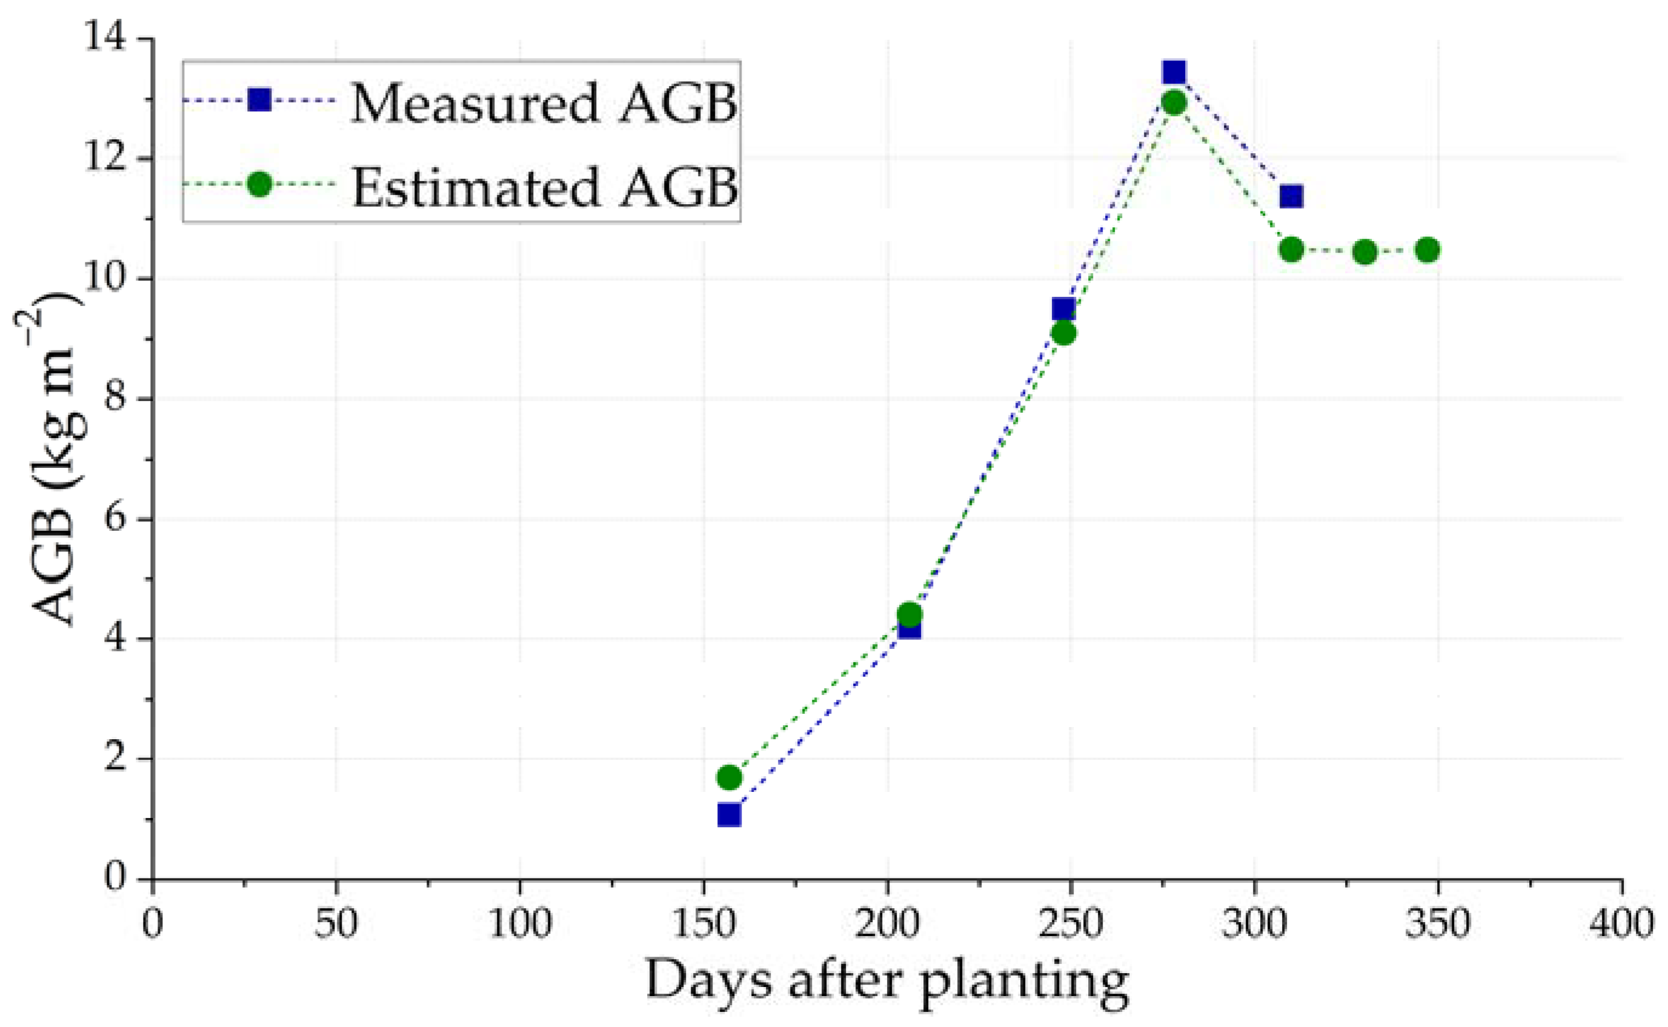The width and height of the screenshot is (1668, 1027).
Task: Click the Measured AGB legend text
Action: coord(543,103)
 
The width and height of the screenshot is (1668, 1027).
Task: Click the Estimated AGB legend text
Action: coord(543,186)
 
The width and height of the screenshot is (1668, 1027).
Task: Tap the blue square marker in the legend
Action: coord(259,101)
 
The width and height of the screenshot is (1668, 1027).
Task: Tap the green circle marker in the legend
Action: coord(259,184)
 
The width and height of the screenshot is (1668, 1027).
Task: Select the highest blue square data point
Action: coord(1174,71)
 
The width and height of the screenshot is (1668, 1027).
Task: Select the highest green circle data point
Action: coord(1174,102)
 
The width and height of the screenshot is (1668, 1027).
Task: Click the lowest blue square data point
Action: coord(729,814)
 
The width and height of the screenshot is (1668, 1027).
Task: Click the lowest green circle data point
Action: coord(729,777)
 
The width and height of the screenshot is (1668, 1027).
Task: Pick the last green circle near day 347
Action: coord(1427,250)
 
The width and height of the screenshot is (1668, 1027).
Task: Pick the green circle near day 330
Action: coord(1364,252)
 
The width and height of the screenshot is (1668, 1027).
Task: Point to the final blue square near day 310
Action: coord(1291,196)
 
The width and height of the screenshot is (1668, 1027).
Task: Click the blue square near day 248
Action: coord(1063,309)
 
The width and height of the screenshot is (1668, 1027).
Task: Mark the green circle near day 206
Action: coord(909,614)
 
